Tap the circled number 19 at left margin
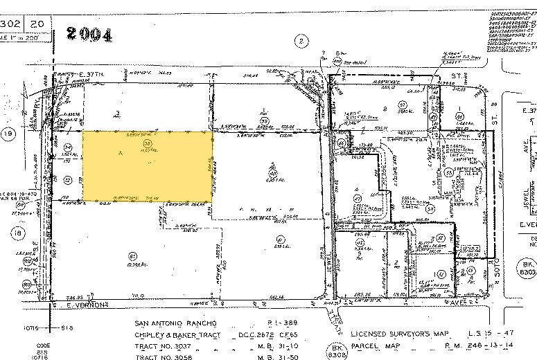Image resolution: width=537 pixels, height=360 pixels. pos(7,136)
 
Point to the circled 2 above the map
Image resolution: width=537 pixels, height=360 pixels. pos(300,41)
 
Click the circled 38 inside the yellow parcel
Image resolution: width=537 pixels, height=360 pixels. pos(147,143)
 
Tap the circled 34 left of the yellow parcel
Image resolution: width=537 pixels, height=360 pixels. pos(68,147)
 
